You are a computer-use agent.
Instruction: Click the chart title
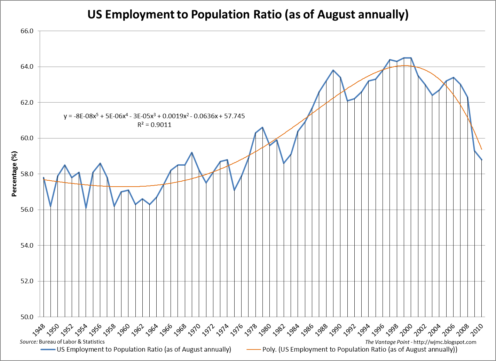[247, 15]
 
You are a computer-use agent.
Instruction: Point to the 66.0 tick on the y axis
[27, 31]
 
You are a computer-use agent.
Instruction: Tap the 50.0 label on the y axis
[27, 317]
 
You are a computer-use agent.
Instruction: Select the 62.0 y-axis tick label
[27, 103]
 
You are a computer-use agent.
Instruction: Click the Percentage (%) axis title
[14, 174]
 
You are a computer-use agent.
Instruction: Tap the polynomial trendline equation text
[154, 116]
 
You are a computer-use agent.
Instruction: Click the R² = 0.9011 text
[154, 125]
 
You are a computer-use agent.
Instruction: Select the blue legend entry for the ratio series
[136, 349]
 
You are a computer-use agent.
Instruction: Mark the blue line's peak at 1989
[333, 70]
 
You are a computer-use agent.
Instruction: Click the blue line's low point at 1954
[86, 208]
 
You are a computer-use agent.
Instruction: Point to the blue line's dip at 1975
[234, 190]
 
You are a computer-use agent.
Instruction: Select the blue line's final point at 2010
[481, 160]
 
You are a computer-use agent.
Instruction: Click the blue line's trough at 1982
[284, 163]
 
